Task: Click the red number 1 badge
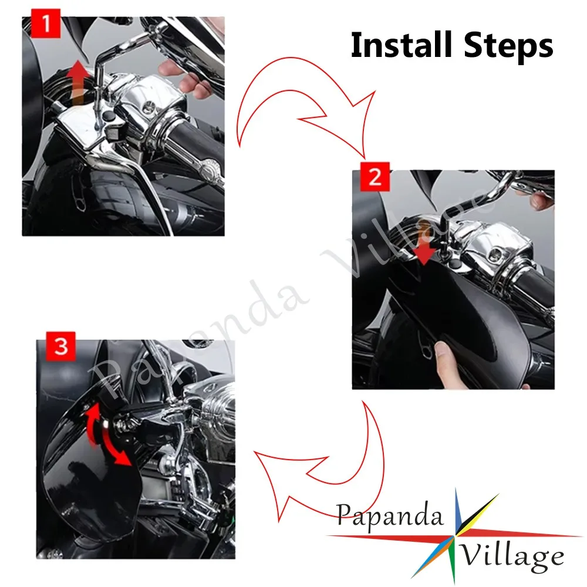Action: click(46, 23)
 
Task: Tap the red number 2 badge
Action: click(375, 177)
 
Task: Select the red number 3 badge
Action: click(60, 346)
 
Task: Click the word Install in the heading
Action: click(402, 45)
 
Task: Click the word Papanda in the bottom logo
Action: click(389, 517)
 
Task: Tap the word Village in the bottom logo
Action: click(511, 556)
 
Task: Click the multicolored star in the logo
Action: click(455, 536)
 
